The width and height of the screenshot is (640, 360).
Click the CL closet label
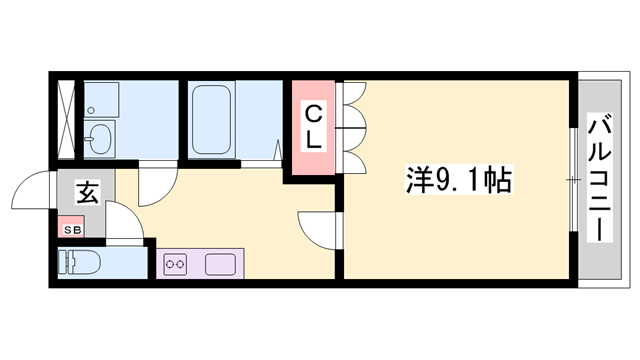(x=313, y=126)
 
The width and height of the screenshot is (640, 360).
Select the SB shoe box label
(x=71, y=229)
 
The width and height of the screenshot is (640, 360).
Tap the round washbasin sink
(x=100, y=138)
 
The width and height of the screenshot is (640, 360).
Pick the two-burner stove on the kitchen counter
(x=176, y=264)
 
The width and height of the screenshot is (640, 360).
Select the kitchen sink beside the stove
(x=220, y=264)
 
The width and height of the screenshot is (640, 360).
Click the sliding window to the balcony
(x=572, y=180)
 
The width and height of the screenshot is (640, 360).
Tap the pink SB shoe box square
(x=71, y=229)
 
